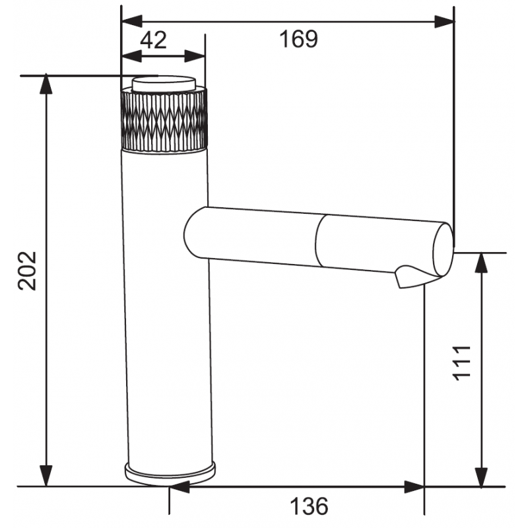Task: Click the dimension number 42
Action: (x=153, y=41)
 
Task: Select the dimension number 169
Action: (x=297, y=39)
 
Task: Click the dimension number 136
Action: (x=308, y=507)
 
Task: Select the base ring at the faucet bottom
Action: (x=170, y=471)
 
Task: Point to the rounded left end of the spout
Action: (x=191, y=233)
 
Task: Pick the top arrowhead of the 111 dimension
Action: (x=482, y=261)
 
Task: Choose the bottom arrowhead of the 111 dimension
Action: (x=482, y=478)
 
